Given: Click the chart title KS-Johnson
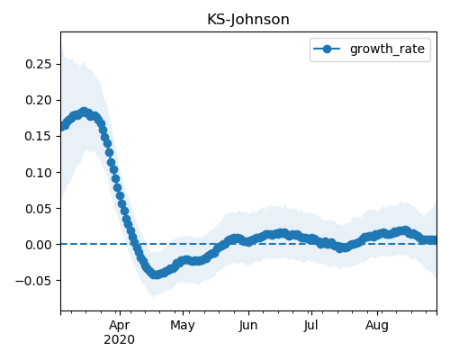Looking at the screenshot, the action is coord(248,20).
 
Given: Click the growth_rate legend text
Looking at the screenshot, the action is coord(387,49).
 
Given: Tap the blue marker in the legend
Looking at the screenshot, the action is coord(327,49).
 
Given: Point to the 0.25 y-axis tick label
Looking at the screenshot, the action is coord(38,64).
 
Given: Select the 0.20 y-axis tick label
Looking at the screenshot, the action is coord(38,100).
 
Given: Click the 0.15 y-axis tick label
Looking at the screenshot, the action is coord(38,136).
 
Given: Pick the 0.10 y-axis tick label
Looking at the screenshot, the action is coord(38,173).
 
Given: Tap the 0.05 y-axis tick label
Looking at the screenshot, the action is coord(38,209).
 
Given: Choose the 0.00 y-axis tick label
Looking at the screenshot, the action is coord(38,245).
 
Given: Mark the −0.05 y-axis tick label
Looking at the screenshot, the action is coord(33,281).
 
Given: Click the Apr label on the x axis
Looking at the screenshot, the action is coord(120,325).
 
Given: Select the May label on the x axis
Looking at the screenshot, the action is coord(183,325).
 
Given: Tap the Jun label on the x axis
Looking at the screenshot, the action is coord(248,325).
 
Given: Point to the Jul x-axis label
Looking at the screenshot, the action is coord(310,325).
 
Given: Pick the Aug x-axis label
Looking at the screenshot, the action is coord(377,325).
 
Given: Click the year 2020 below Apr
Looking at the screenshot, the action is coord(119,339).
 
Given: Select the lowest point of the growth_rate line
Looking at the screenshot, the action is coord(155,274).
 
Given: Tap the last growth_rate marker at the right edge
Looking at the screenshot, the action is coord(434,240).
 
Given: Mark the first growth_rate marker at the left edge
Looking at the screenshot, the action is coord(63,127).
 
